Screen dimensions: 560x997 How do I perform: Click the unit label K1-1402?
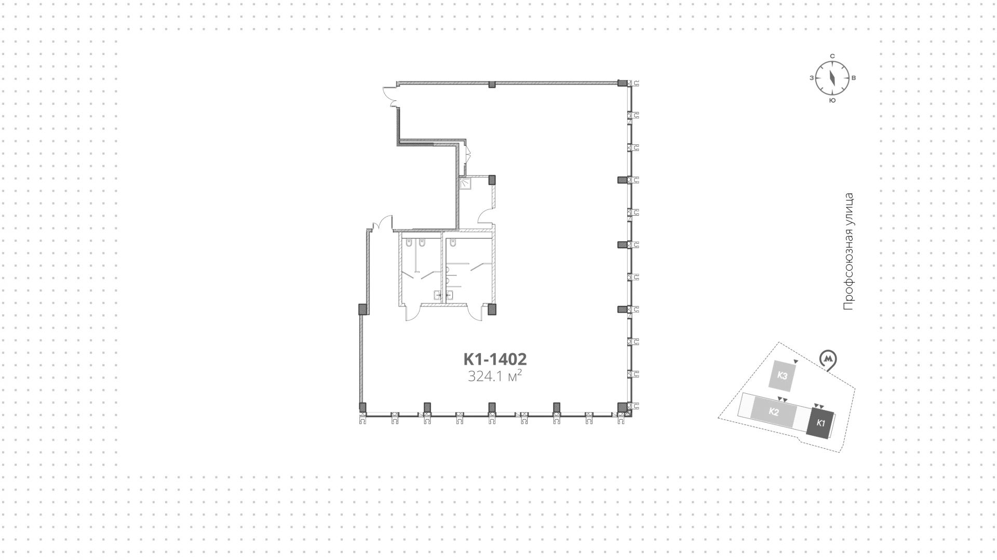click(x=495, y=359)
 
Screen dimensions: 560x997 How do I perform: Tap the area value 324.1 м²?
click(x=494, y=377)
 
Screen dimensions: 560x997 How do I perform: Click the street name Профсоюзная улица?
click(x=848, y=252)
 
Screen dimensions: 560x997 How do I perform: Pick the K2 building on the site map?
click(x=774, y=412)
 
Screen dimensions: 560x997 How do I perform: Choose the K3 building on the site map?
click(x=783, y=375)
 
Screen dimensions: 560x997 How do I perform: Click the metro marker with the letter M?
click(x=828, y=359)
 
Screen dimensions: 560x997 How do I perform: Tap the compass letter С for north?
click(x=832, y=56)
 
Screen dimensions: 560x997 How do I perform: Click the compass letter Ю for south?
click(x=832, y=100)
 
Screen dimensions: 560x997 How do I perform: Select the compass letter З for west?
click(x=811, y=78)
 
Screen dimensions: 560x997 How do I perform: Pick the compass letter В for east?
click(x=854, y=78)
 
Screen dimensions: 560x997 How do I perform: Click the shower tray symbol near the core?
click(x=465, y=183)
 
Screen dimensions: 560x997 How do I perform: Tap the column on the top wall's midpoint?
click(x=492, y=84)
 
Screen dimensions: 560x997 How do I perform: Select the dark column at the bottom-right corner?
click(x=622, y=408)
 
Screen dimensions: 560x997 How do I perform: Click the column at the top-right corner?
click(x=622, y=83)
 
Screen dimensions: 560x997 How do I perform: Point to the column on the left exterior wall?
click(x=363, y=310)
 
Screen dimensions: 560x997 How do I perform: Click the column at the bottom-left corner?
click(x=363, y=407)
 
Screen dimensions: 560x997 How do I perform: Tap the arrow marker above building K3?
click(x=796, y=361)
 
